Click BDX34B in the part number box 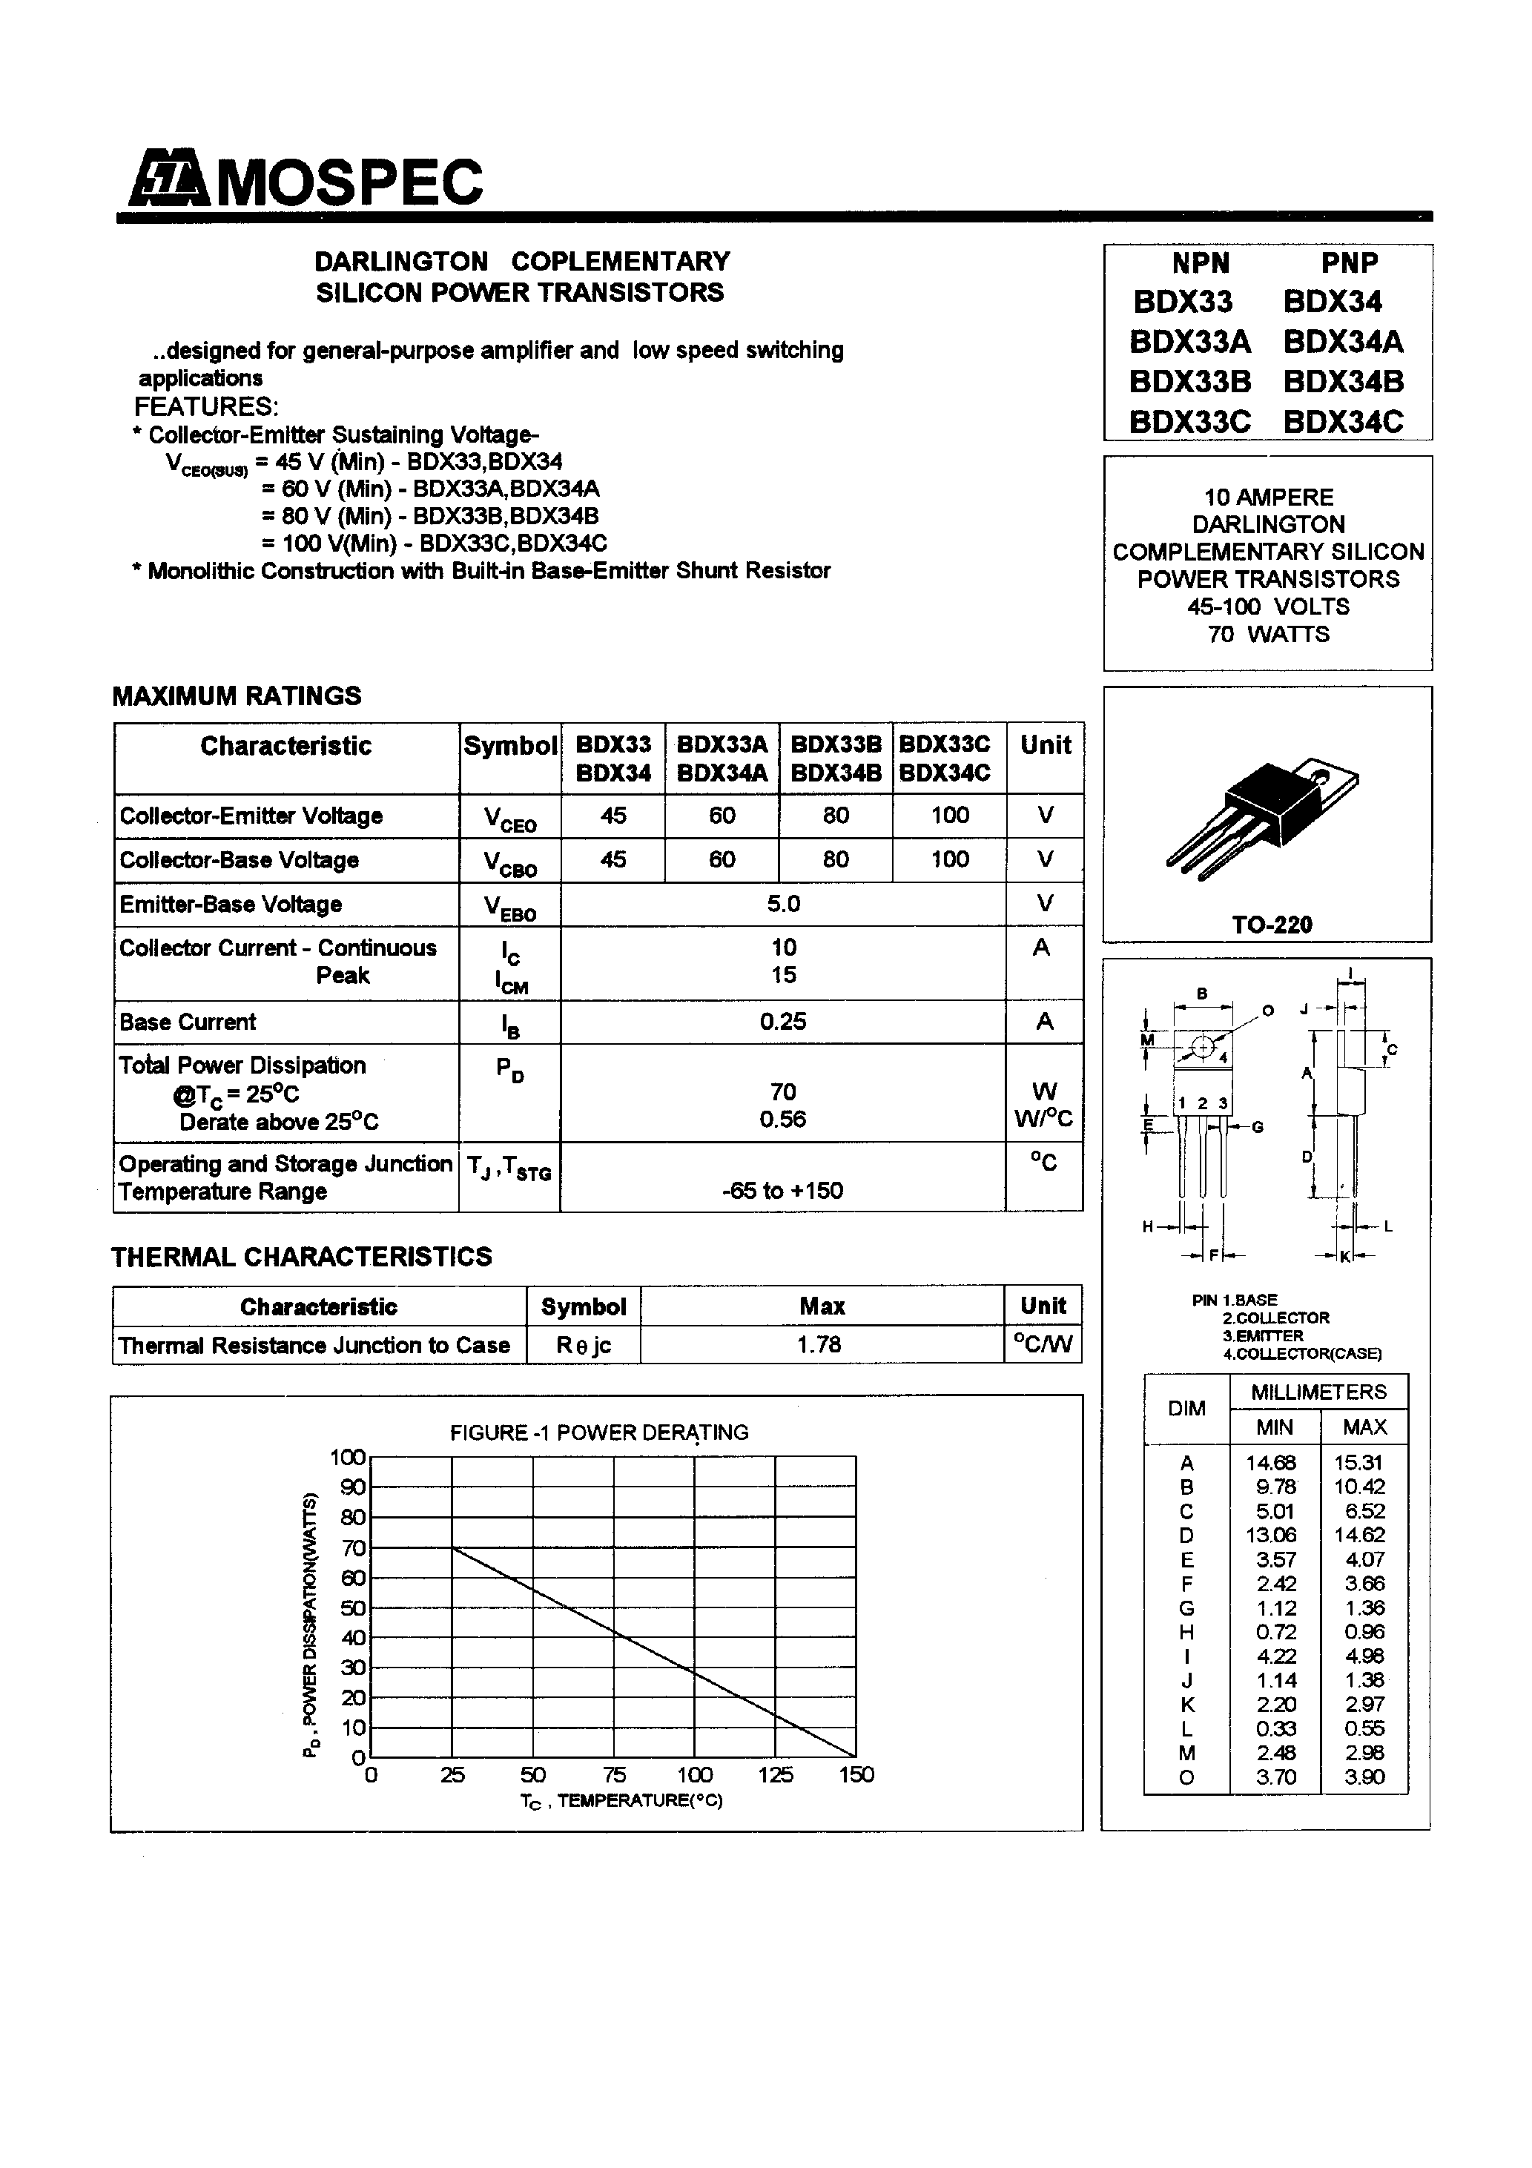coord(1342,382)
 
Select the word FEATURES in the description coord(206,407)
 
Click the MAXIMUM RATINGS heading coord(236,696)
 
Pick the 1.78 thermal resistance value coord(819,1344)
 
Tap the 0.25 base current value coord(783,1022)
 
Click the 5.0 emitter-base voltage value coord(783,904)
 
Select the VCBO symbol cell coord(510,861)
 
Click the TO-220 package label coord(1271,925)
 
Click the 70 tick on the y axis coord(353,1547)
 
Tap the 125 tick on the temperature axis coord(776,1774)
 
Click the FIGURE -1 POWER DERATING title coord(599,1432)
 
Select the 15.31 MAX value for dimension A coord(1357,1463)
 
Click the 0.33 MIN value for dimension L coord(1275,1728)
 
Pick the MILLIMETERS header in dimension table coord(1318,1392)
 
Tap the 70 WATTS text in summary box coord(1267,634)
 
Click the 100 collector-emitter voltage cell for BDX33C coord(949,815)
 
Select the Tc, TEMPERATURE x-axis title coord(621,1801)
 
